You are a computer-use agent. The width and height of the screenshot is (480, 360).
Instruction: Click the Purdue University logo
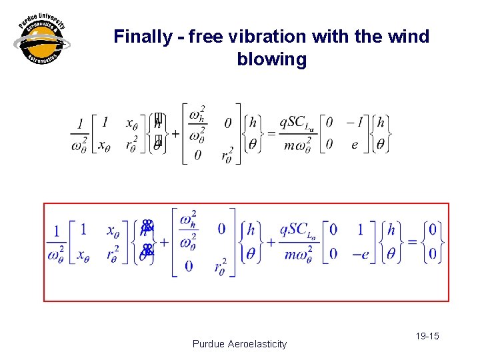41,40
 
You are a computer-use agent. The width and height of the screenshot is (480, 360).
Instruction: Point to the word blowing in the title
271,59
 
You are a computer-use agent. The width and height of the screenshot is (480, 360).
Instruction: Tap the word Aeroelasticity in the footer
257,344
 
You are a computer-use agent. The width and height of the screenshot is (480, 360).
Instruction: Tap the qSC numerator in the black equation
298,122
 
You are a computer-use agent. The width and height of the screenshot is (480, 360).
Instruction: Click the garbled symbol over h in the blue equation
147,226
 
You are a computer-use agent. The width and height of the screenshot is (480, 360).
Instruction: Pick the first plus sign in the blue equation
163,242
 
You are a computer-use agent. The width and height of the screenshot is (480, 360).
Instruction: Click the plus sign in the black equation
175,133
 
